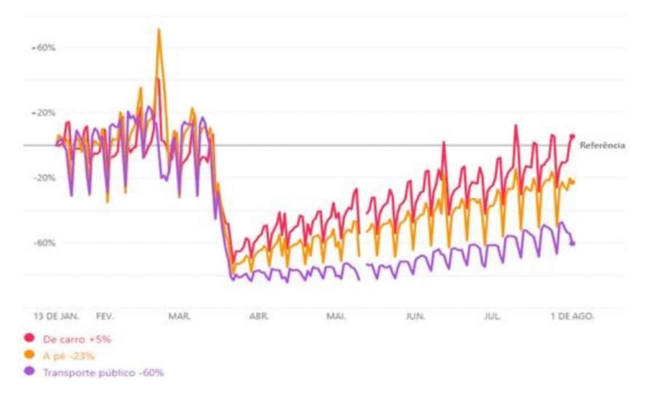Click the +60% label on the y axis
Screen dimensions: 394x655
(43, 48)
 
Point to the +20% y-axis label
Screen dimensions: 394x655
(43, 113)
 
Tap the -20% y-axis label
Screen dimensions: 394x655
(44, 178)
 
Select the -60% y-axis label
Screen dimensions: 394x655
(44, 243)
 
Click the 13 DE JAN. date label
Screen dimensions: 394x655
(56, 316)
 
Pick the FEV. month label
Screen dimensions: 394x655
(105, 316)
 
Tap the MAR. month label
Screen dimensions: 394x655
(179, 316)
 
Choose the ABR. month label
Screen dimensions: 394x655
(259, 316)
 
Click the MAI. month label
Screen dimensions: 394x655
(336, 316)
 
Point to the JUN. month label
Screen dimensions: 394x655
(415, 316)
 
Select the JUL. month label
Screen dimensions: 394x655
(492, 316)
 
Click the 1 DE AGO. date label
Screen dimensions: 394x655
(572, 316)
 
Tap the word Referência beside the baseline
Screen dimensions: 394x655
(602, 145)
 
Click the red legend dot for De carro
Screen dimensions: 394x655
(30, 338)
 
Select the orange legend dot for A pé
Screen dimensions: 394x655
(30, 355)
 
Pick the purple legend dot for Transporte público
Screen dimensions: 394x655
(30, 371)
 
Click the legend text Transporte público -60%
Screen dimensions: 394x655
(103, 372)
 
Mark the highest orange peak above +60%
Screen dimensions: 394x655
(159, 30)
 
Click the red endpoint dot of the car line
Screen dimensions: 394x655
(572, 136)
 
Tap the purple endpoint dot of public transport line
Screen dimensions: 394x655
(572, 243)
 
